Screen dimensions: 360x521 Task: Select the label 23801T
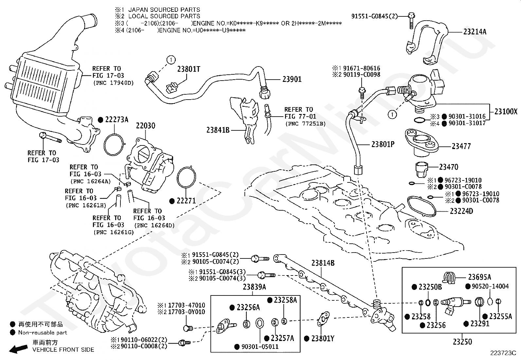pos(189,69)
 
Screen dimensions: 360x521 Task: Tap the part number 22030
pos(146,125)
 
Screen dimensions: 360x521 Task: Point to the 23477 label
pos(461,146)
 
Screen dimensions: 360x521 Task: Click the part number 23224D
pos(461,211)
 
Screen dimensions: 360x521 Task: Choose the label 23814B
pos(323,263)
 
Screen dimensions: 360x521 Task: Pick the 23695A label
pos(479,277)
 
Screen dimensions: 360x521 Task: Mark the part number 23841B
pos(218,130)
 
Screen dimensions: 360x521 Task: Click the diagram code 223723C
pos(503,353)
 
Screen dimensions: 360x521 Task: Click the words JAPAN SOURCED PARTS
pos(164,9)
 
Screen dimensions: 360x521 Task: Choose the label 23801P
pos(383,144)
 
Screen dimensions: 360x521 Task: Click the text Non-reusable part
pos(43,332)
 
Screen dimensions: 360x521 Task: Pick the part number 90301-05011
pos(260,347)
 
